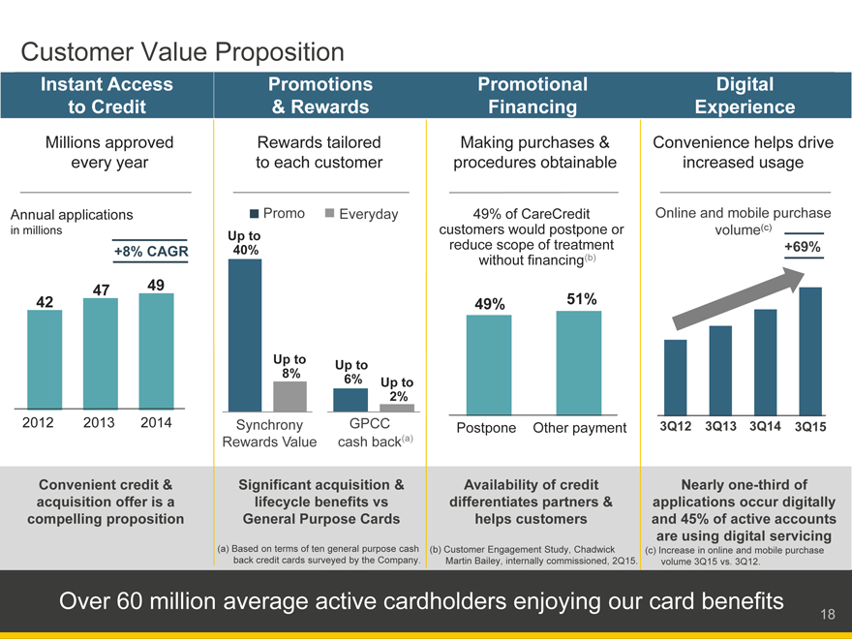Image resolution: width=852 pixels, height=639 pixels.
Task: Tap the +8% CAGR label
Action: [x=151, y=253]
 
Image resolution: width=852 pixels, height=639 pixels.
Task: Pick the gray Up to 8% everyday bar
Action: [x=289, y=397]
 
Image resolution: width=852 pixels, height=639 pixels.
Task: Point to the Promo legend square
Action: [x=255, y=214]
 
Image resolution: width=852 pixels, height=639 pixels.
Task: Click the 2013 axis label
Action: [x=101, y=422]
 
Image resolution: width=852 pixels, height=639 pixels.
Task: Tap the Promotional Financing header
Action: [x=532, y=95]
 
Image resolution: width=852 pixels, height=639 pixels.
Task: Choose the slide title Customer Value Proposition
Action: [x=182, y=51]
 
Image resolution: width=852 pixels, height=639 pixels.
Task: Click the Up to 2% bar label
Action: [x=397, y=389]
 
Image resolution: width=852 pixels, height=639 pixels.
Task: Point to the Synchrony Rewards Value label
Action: [x=270, y=434]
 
